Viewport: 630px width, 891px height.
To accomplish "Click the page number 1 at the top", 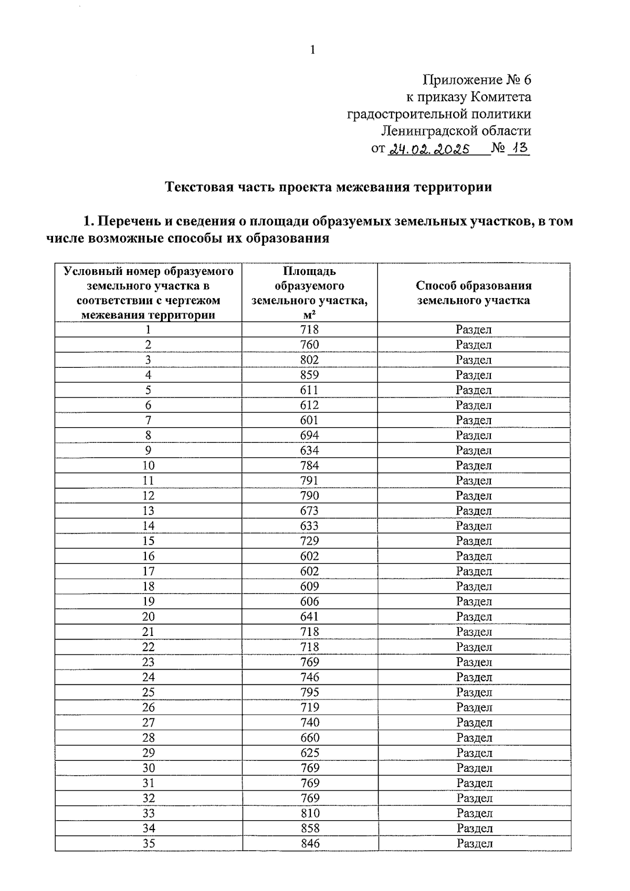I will click(313, 50).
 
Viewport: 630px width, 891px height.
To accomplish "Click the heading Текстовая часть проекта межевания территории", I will click(329, 187).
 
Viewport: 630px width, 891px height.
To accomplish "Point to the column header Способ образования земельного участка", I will click(474, 293).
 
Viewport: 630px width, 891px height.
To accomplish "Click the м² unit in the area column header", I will click(310, 315).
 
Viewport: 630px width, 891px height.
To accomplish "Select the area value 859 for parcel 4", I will click(309, 375).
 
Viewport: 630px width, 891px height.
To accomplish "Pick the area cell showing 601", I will click(309, 420).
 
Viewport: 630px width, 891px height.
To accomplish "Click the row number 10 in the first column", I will click(148, 465).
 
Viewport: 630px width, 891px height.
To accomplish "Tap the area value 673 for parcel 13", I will click(309, 511).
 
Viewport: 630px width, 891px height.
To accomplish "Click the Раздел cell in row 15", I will click(474, 541).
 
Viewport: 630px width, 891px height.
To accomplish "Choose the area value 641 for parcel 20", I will click(309, 617).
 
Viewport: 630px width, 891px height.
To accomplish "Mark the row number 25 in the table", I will click(148, 692).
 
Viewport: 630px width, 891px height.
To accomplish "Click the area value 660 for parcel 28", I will click(309, 737).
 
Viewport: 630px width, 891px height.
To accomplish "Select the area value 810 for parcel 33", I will click(309, 813).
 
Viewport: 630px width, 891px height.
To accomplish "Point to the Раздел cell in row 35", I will click(474, 843).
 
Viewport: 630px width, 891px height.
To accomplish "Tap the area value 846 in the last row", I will click(309, 843).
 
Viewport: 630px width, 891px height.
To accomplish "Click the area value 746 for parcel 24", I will click(309, 677).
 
